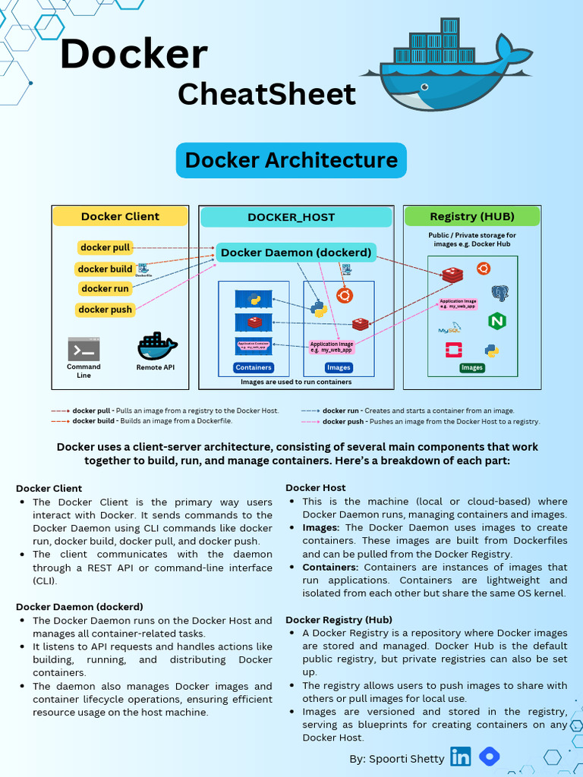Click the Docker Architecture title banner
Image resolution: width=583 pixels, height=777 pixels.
291,160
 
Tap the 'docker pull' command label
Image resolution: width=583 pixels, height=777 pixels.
106,247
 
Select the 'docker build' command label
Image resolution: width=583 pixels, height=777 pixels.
106,269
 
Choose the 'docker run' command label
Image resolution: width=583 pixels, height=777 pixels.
106,288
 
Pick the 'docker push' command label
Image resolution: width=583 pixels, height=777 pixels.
106,310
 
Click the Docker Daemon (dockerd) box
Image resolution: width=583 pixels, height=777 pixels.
296,253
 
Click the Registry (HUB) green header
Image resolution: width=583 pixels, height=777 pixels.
472,216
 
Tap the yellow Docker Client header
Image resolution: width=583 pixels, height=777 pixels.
120,216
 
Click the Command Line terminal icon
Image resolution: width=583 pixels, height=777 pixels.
84,349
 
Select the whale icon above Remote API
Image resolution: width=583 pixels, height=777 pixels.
157,346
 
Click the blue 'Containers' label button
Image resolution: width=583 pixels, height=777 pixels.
254,368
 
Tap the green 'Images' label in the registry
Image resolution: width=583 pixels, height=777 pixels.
472,368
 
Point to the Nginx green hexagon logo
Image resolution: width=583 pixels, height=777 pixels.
497,320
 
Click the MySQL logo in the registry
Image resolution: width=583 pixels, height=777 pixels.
449,329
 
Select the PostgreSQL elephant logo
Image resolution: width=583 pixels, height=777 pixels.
499,294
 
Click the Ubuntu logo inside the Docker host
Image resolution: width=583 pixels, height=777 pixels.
345,296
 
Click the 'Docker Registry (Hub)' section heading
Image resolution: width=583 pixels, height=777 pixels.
339,620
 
